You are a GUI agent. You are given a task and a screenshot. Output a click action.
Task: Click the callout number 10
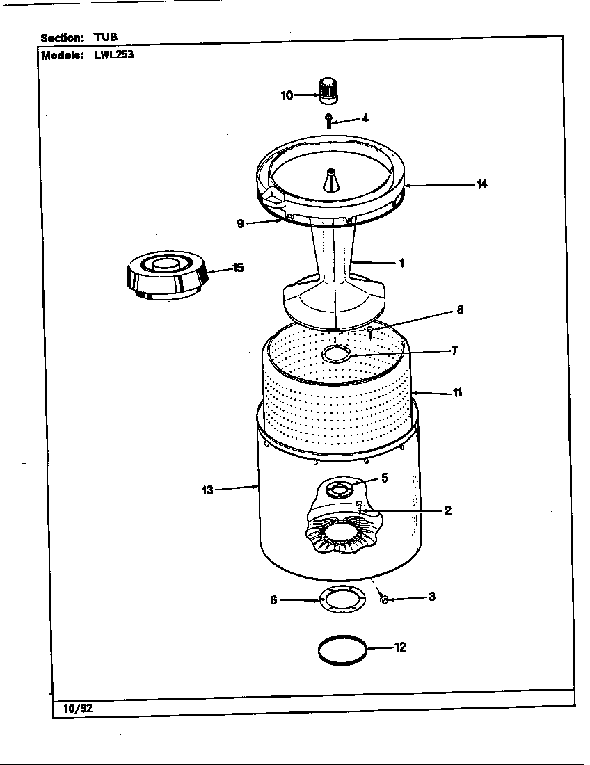click(287, 96)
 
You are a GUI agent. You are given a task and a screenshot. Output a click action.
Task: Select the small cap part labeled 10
click(327, 90)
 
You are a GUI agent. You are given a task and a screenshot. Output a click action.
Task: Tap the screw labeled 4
click(328, 120)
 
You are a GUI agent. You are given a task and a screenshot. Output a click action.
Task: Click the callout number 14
click(481, 184)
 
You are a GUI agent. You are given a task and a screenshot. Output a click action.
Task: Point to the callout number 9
click(240, 223)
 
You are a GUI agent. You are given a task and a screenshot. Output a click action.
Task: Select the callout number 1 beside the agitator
click(401, 263)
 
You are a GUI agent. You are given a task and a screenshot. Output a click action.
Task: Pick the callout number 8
click(459, 310)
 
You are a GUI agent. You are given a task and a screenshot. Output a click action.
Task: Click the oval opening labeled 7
click(337, 355)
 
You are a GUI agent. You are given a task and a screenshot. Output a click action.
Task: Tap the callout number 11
click(457, 392)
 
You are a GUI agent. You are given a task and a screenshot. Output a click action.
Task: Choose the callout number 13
click(207, 490)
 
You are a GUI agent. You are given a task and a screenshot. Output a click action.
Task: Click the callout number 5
click(384, 478)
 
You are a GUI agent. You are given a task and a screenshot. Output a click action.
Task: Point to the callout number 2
click(447, 510)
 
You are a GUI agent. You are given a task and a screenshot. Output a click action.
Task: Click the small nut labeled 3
click(384, 599)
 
